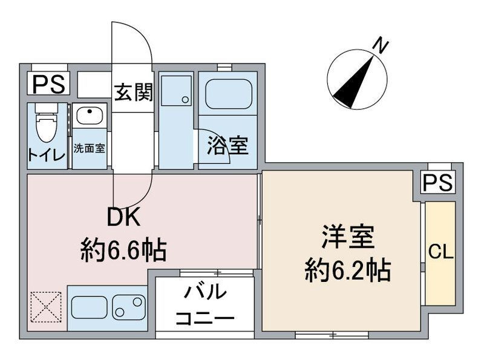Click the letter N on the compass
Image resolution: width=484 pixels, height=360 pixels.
point(380,45)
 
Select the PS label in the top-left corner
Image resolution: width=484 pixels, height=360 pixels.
point(48,83)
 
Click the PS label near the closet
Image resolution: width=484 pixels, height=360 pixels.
point(437,182)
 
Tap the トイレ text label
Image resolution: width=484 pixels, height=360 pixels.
point(45,154)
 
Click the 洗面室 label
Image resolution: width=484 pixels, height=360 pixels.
point(90,148)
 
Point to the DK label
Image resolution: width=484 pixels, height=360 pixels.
point(124,217)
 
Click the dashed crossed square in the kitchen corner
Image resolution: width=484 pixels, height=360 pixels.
point(47,307)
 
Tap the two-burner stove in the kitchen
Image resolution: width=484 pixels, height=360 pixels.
point(129,307)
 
